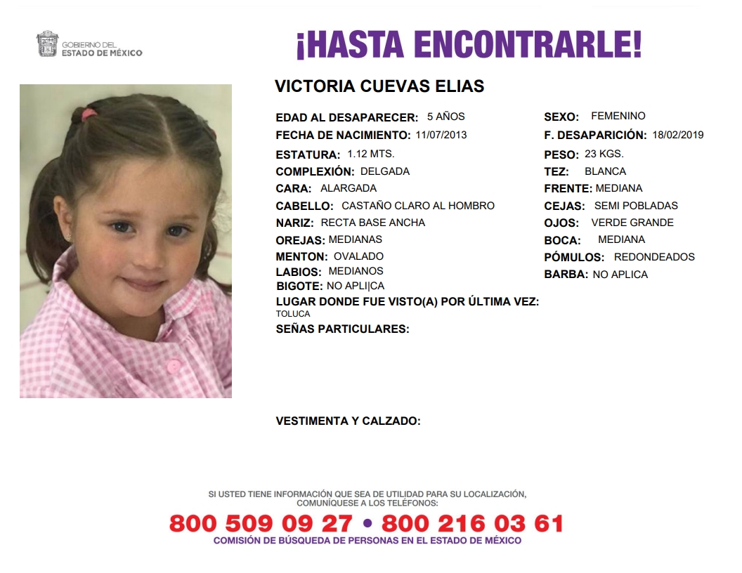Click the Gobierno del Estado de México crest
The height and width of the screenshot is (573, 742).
(x=48, y=44)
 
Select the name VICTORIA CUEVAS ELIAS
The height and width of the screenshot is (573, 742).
(x=379, y=86)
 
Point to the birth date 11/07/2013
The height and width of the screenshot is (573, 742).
(x=441, y=135)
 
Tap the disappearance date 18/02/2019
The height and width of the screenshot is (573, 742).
(x=677, y=135)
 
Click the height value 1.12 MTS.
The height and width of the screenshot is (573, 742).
(x=371, y=154)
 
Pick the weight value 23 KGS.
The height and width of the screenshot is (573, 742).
(x=604, y=154)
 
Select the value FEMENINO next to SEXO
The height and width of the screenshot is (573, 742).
(x=618, y=116)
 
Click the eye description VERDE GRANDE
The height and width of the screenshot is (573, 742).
(x=632, y=223)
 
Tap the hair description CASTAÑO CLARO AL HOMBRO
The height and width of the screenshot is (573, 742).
(x=417, y=206)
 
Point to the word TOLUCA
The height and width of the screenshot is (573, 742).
(x=292, y=314)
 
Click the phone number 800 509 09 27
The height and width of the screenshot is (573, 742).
(x=261, y=524)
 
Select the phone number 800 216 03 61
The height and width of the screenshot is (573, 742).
(x=472, y=524)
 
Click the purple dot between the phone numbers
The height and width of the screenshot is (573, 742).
(x=367, y=525)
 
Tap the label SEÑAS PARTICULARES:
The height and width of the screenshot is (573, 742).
(x=342, y=329)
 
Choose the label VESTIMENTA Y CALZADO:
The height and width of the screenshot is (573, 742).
(x=348, y=421)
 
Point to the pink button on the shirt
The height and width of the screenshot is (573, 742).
(x=173, y=366)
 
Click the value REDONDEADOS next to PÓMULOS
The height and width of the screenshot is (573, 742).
(x=653, y=257)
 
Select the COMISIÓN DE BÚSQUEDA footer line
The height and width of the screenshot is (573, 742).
(x=367, y=541)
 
